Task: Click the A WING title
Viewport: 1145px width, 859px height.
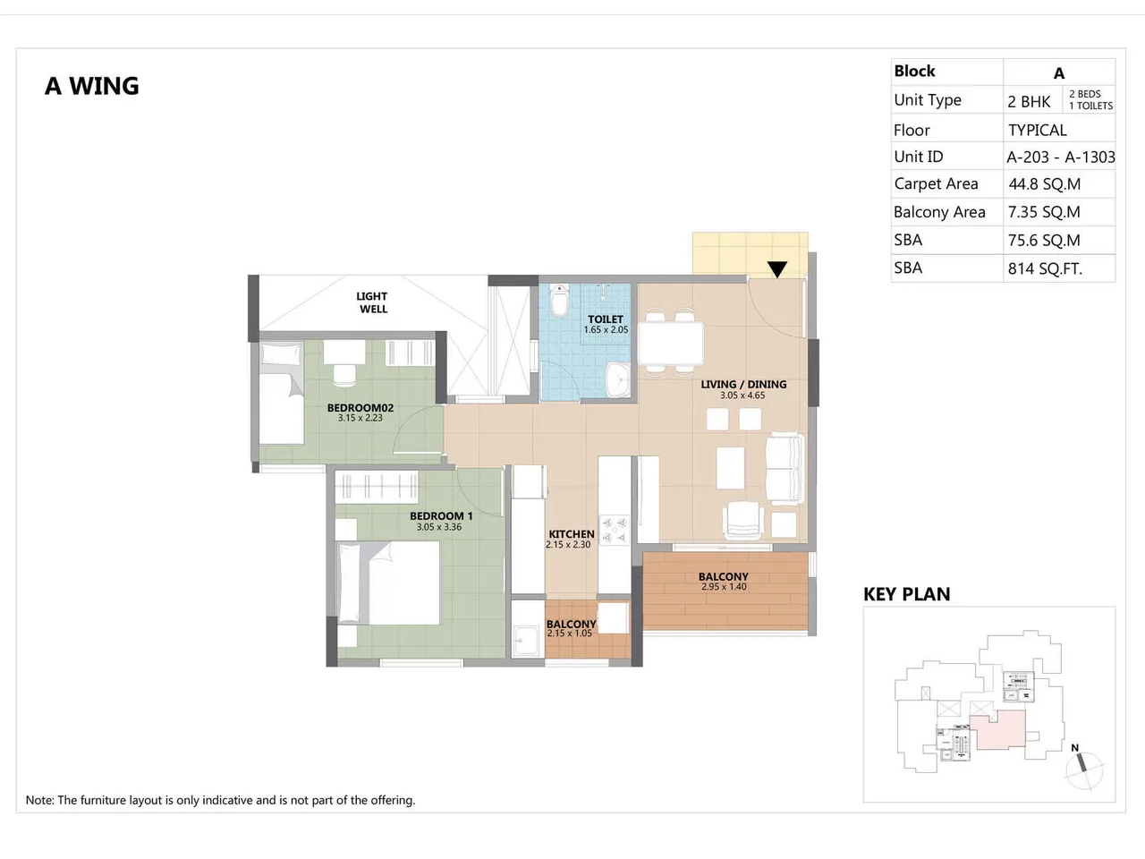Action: [x=92, y=86]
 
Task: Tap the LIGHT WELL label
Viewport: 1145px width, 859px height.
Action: [x=372, y=302]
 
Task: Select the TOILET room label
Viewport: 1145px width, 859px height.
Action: [x=606, y=319]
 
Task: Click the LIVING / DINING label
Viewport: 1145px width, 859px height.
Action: [x=743, y=384]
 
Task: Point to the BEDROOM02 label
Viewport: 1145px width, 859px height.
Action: [x=360, y=407]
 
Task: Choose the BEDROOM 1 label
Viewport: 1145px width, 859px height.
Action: [x=441, y=515]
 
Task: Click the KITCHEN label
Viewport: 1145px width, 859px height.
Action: [x=572, y=533]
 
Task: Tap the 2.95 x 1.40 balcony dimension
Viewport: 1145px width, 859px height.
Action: [x=724, y=587]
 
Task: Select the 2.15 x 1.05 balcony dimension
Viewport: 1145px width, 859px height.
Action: [x=570, y=634]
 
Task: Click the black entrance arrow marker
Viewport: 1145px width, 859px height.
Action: [x=777, y=269]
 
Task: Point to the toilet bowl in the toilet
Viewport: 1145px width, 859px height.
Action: [x=560, y=301]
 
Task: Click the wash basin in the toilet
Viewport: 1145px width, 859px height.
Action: [x=618, y=380]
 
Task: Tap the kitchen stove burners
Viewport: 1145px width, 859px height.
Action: [x=614, y=529]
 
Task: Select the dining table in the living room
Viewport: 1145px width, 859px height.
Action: [x=671, y=341]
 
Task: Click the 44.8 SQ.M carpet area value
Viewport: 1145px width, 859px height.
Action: [x=1044, y=184]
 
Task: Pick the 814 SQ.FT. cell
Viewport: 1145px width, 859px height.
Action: [x=1045, y=268]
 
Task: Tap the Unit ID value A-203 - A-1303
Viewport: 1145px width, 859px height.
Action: [x=1060, y=157]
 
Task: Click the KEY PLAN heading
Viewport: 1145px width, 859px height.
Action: [x=906, y=594]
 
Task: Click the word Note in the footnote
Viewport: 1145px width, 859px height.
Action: [x=39, y=800]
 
